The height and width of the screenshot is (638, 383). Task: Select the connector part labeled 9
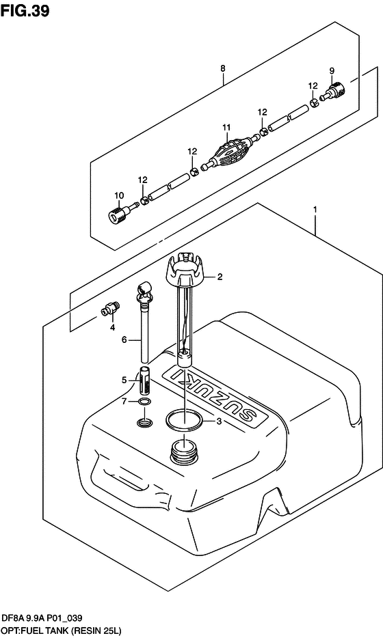point(332,91)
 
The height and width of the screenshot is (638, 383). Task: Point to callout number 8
point(223,69)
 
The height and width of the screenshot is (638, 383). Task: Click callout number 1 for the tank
point(315,210)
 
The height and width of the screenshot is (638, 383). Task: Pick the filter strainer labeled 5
point(145,380)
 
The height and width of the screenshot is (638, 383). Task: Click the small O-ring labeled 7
point(144,402)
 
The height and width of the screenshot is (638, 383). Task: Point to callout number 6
point(124,339)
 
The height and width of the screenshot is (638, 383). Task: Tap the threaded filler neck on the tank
point(184,451)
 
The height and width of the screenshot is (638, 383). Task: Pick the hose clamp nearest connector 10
point(144,199)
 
